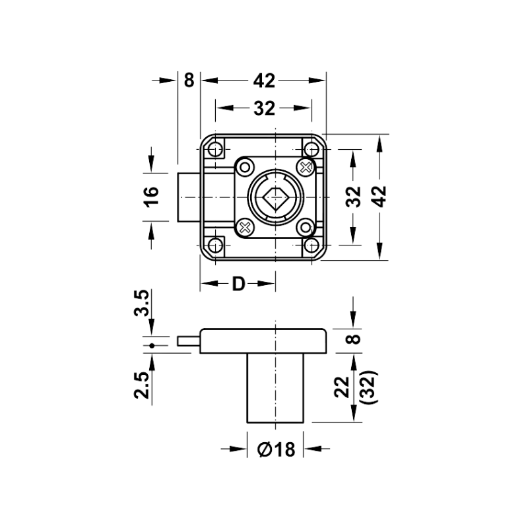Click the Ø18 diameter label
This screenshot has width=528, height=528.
(x=276, y=449)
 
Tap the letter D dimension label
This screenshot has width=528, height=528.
(x=238, y=284)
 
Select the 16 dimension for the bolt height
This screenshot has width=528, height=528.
(x=152, y=197)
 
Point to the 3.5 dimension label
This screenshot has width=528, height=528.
(x=141, y=303)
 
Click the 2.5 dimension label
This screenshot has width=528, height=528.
(x=141, y=385)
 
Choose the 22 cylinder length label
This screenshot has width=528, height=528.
(x=343, y=387)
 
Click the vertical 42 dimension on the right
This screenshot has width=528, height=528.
(x=380, y=196)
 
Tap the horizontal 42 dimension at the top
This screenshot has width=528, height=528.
(x=265, y=81)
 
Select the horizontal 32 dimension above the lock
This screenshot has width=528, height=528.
(x=265, y=108)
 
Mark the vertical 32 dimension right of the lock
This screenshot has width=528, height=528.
(x=354, y=196)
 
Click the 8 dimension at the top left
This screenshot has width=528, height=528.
(x=189, y=81)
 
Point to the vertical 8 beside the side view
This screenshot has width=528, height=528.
(x=354, y=339)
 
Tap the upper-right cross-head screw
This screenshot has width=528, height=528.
(x=306, y=167)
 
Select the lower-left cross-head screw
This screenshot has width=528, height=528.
(x=245, y=228)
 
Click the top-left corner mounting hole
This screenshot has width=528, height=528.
(x=216, y=148)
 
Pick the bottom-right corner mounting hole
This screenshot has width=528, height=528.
(x=312, y=245)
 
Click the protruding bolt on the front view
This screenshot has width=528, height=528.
(x=189, y=197)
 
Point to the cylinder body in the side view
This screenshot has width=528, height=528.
(x=275, y=387)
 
